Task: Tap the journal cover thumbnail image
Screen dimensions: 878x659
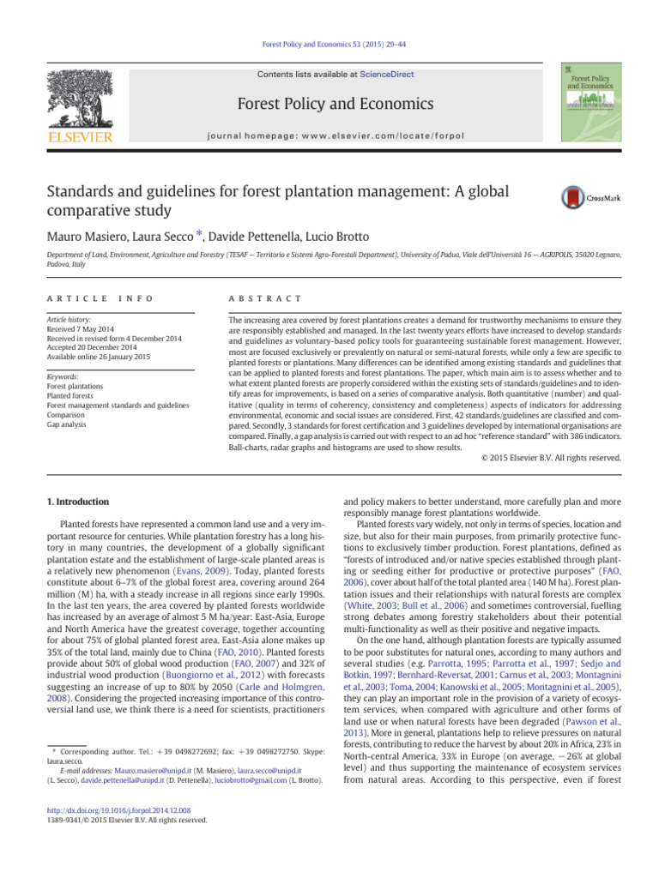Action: click(x=591, y=102)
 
